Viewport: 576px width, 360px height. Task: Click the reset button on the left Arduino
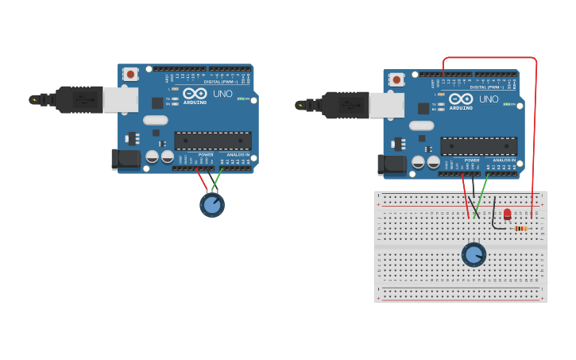pos(131,74)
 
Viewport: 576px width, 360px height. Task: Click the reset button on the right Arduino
pos(396,79)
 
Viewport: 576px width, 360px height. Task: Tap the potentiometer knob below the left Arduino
pos(212,205)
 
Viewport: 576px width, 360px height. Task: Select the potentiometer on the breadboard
pos(474,254)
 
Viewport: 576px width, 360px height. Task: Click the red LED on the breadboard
pos(508,214)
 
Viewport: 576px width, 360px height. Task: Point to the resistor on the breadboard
pos(520,229)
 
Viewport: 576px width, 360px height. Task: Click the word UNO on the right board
pos(489,99)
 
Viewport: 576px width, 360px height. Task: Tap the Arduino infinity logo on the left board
pos(195,93)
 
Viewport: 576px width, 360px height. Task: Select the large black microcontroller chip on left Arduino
pos(212,141)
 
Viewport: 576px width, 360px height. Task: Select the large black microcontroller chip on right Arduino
pos(478,146)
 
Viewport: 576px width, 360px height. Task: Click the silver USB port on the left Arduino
pos(121,99)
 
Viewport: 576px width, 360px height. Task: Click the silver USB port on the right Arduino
pos(387,105)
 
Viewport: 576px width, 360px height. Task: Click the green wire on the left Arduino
pos(217,179)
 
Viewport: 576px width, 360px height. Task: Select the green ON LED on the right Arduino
pos(505,104)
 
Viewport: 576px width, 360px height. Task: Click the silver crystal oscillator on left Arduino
pos(156,120)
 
